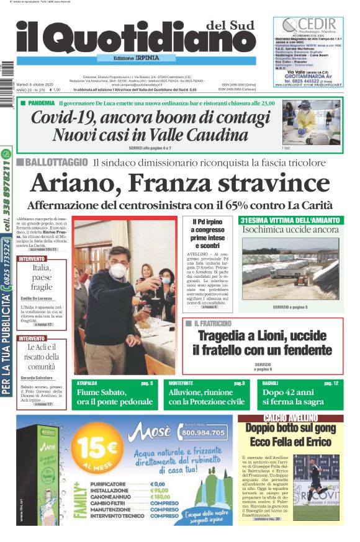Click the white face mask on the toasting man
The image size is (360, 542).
119,270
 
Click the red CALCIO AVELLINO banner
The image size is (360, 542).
290,419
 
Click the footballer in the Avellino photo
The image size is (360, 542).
315,481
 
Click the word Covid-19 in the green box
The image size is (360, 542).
66,117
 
